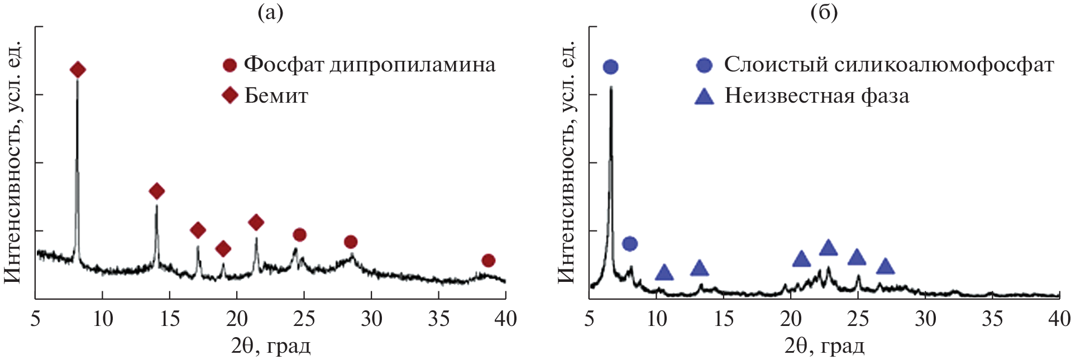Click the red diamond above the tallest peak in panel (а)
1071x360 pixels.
[x=78, y=70]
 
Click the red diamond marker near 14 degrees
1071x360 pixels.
[x=157, y=191]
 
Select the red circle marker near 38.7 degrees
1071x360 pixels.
[x=489, y=260]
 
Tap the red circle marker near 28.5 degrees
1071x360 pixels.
[x=351, y=242]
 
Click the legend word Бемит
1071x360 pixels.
[x=276, y=96]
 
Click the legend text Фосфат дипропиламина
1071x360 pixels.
[x=369, y=65]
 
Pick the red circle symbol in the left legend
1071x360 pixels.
[x=230, y=65]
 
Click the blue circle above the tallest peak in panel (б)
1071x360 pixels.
[x=611, y=67]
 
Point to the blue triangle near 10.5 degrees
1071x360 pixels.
[x=664, y=272]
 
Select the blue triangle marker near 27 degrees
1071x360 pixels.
[x=886, y=266]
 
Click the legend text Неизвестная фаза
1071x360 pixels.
[x=816, y=96]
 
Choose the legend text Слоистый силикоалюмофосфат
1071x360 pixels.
[x=888, y=65]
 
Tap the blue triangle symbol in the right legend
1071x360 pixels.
[x=704, y=97]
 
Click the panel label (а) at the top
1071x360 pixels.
[x=270, y=12]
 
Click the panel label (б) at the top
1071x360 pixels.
[x=824, y=12]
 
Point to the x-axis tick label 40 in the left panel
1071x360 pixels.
[x=505, y=319]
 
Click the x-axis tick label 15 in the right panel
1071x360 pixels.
[x=724, y=319]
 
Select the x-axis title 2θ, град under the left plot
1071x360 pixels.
[x=271, y=347]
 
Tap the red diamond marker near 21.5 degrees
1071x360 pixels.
[x=256, y=223]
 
